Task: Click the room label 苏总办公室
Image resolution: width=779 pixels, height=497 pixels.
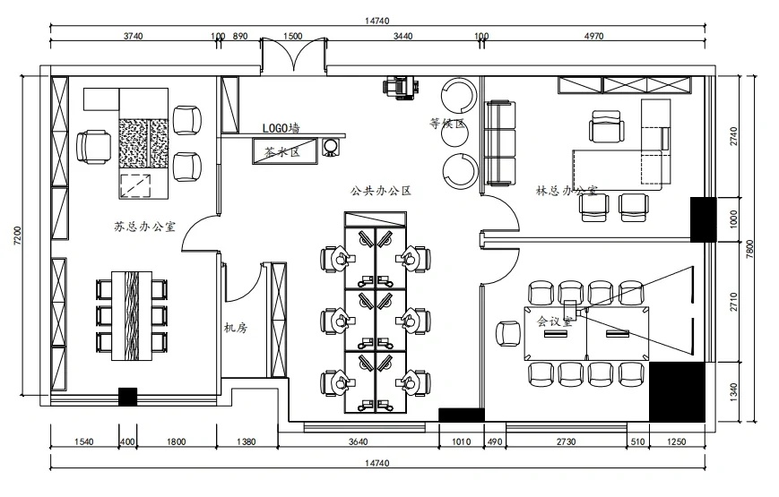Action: tap(144, 227)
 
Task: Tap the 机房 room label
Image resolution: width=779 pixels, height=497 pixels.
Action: tap(236, 328)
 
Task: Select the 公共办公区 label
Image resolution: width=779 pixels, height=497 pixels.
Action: tap(381, 191)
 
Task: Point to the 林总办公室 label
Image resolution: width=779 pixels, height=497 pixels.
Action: tap(567, 191)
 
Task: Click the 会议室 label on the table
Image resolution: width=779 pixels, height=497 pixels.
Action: tap(554, 321)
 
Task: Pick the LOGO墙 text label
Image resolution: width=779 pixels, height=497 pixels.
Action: tap(281, 128)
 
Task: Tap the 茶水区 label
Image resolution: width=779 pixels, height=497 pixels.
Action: tap(282, 152)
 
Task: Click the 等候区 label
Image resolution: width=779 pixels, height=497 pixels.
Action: tap(447, 124)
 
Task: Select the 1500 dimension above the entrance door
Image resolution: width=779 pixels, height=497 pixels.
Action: tap(292, 36)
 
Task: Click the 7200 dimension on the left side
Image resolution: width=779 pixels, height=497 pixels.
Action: tap(18, 236)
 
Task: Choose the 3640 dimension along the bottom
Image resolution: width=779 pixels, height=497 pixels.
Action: tap(359, 441)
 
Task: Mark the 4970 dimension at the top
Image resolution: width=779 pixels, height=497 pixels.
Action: tap(594, 36)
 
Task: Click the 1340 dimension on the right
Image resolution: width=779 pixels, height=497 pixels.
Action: tap(734, 391)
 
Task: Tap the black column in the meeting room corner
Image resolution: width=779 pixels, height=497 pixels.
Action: tap(677, 392)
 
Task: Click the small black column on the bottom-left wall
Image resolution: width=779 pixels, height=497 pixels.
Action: tap(127, 398)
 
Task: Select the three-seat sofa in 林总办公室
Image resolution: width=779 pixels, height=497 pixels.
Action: tap(500, 143)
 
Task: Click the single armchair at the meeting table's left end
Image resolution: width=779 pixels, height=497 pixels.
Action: tap(508, 334)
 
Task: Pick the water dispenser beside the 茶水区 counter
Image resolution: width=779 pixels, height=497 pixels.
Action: tap(331, 147)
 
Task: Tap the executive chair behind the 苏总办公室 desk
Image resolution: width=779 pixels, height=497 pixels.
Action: tap(93, 147)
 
